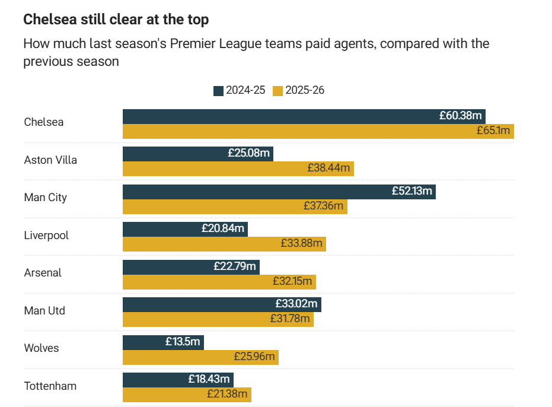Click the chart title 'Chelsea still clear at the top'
click(x=116, y=20)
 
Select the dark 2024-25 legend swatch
click(x=218, y=91)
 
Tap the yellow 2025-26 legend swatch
click(x=277, y=91)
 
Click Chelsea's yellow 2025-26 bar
click(x=296, y=131)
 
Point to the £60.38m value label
click(x=462, y=116)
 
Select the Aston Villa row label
click(x=50, y=160)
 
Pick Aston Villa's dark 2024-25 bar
click(x=172, y=154)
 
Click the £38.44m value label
click(x=328, y=168)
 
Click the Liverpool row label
click(x=46, y=235)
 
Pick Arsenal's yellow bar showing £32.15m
click(x=196, y=282)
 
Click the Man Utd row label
click(x=44, y=310)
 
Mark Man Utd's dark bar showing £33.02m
click(x=196, y=304)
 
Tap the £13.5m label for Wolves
click(x=183, y=342)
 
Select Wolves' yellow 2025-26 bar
click(x=178, y=357)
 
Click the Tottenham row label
click(x=50, y=386)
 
